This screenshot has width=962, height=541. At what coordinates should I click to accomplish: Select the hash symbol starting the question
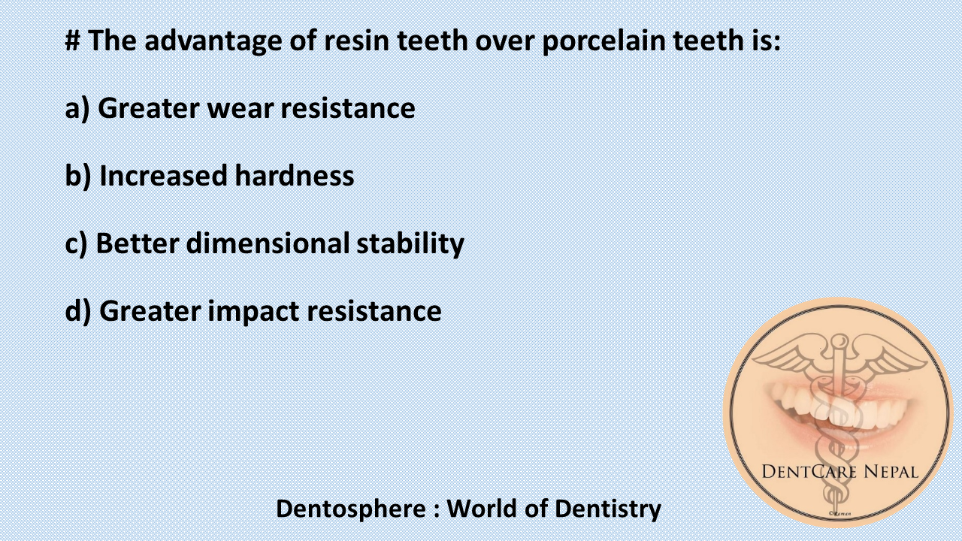tap(73, 41)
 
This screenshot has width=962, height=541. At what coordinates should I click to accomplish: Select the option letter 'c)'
tap(77, 243)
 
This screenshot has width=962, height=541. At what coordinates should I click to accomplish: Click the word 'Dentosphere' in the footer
tap(350, 509)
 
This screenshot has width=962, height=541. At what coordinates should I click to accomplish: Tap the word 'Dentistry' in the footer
tap(608, 509)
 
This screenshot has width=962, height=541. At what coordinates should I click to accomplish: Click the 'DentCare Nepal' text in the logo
tap(839, 472)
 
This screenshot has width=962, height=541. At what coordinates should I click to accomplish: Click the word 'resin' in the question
tap(352, 41)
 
